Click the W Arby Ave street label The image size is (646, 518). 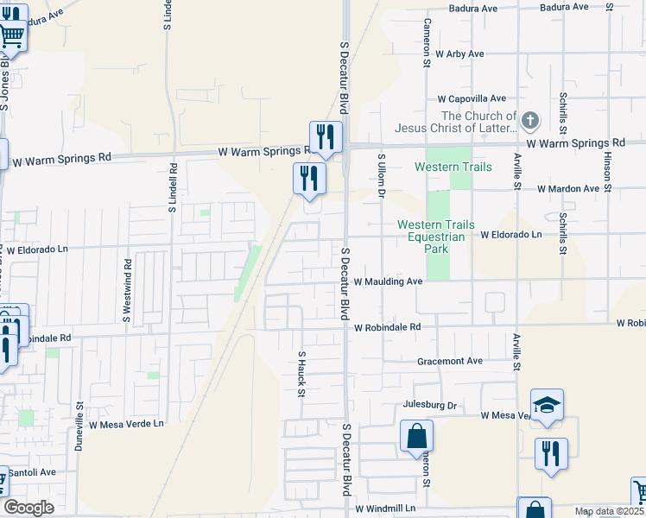[459, 54]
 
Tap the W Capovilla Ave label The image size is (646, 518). [471, 99]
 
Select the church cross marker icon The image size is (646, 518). [530, 121]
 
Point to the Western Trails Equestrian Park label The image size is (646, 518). [435, 237]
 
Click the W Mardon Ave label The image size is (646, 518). [568, 188]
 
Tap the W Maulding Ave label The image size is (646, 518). [388, 281]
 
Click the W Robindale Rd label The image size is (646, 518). [387, 327]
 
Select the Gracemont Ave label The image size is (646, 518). [449, 361]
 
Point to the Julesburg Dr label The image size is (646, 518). [429, 404]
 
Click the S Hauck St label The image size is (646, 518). [302, 374]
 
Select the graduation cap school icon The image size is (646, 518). [547, 405]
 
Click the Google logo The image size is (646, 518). [28, 508]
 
